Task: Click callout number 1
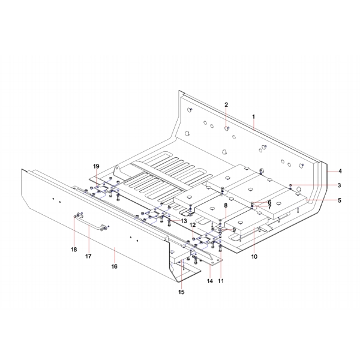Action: tap(254, 115)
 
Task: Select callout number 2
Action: tap(226, 105)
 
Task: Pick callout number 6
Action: tap(269, 202)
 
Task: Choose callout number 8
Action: tap(226, 206)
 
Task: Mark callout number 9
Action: tap(234, 229)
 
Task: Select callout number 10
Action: tap(254, 257)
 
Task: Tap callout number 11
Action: tap(221, 281)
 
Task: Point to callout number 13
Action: tap(184, 221)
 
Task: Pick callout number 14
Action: tap(210, 281)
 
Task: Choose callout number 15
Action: tap(181, 292)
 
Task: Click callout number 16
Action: tap(114, 265)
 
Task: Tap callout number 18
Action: tap(74, 250)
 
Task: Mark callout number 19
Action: tap(96, 166)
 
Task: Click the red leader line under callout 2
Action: tap(227, 117)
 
